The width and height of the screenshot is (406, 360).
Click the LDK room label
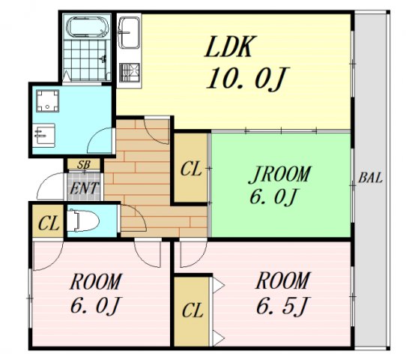tap(228, 46)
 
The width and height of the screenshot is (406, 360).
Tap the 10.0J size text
tap(247, 78)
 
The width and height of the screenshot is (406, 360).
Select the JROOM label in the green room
tap(279, 174)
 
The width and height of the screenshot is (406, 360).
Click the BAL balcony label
tap(370, 178)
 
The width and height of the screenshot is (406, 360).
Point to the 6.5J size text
tap(282, 305)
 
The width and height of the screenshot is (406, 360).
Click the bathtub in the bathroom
tap(88, 28)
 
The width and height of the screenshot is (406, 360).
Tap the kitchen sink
tap(129, 33)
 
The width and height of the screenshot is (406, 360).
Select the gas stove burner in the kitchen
tap(130, 73)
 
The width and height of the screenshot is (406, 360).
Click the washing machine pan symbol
tap(47, 100)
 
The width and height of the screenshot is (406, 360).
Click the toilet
tap(83, 220)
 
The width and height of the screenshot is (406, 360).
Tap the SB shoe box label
tap(84, 164)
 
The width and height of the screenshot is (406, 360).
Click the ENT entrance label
tap(84, 188)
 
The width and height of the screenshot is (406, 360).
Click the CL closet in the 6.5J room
tap(193, 311)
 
